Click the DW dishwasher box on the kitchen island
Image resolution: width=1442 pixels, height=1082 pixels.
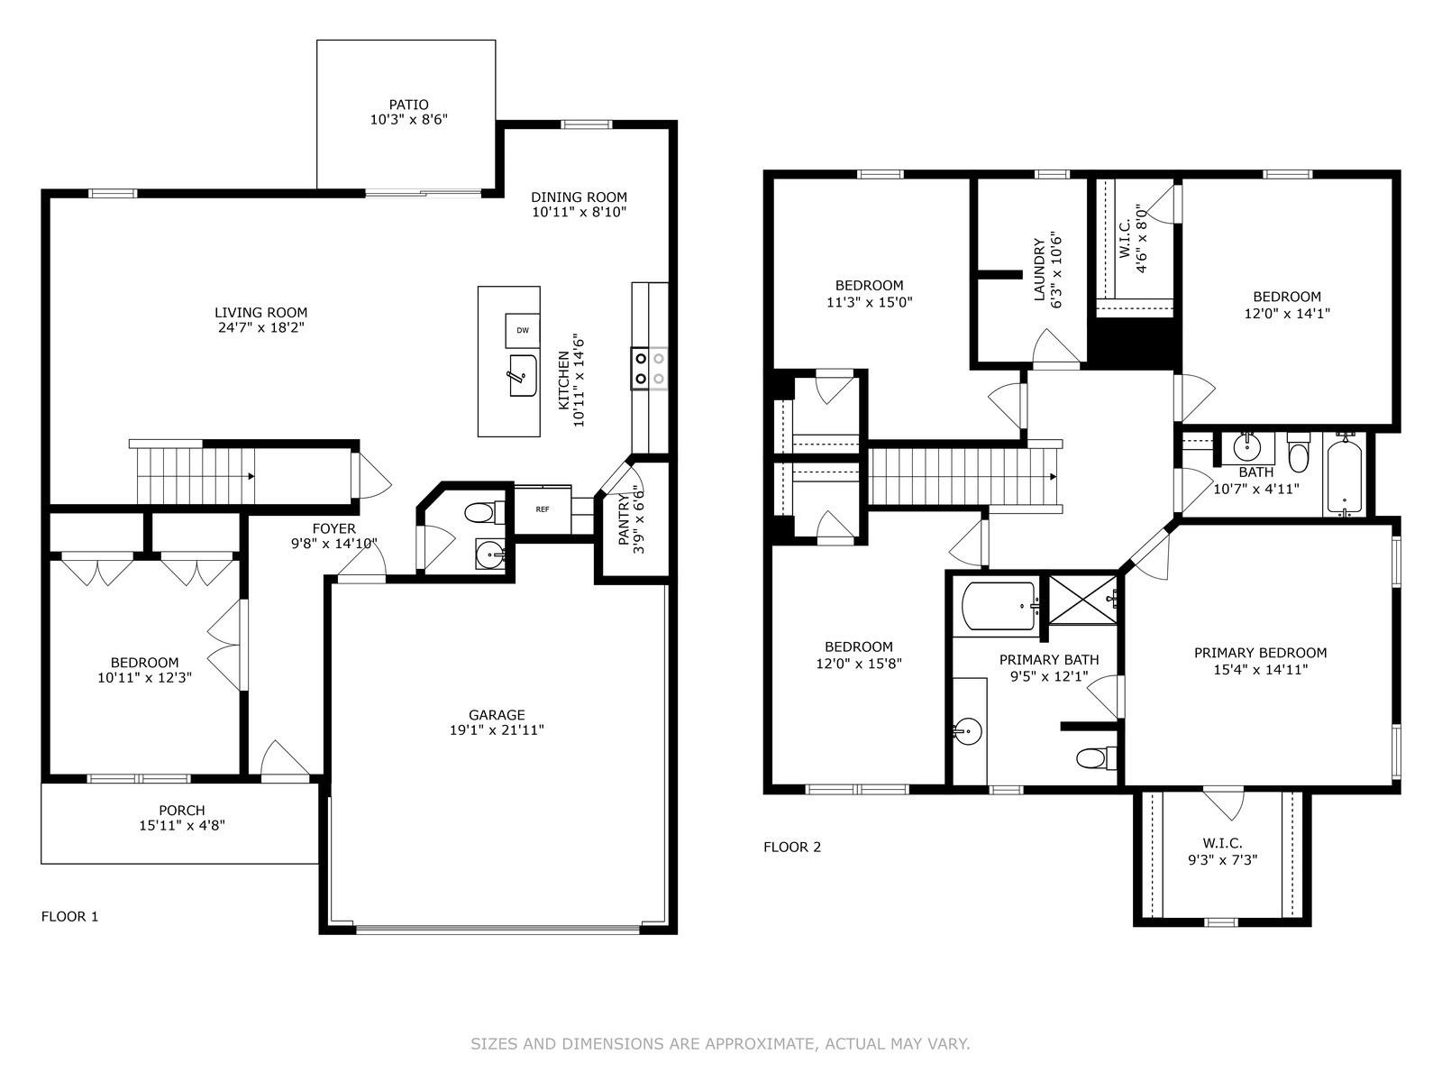pyautogui.click(x=522, y=330)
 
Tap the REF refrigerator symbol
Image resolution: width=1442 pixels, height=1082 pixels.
pyautogui.click(x=543, y=509)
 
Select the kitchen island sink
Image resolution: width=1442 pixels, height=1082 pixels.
pyautogui.click(x=522, y=375)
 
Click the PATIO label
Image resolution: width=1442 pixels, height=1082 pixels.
pyautogui.click(x=408, y=105)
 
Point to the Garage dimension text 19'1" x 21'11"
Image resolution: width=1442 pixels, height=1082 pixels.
pyautogui.click(x=497, y=730)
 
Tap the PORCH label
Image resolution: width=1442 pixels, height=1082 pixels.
pyautogui.click(x=182, y=810)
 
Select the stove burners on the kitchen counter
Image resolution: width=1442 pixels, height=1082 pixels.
pyautogui.click(x=649, y=367)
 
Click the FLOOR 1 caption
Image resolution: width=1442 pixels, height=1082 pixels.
pyautogui.click(x=69, y=917)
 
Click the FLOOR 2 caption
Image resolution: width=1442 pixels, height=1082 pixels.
pyautogui.click(x=792, y=847)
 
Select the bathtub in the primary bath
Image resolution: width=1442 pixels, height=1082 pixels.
pyautogui.click(x=999, y=606)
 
